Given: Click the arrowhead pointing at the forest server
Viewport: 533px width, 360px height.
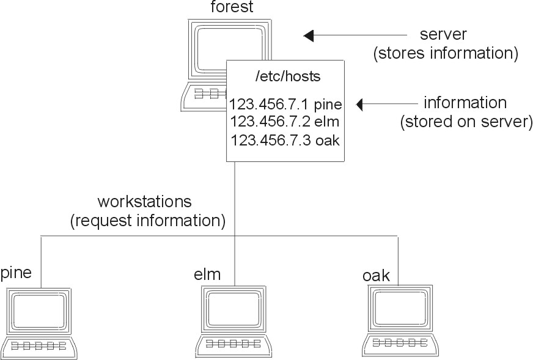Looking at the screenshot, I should [x=309, y=35].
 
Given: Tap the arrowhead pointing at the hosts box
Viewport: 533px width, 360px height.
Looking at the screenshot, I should [x=362, y=105].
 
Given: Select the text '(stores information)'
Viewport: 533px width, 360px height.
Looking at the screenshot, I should [x=446, y=53].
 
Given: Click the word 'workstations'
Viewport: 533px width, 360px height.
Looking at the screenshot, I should [x=145, y=201].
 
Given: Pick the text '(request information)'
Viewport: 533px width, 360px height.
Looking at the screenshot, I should [x=148, y=220].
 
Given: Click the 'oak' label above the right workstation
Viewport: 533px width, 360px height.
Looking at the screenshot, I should [x=375, y=275].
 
